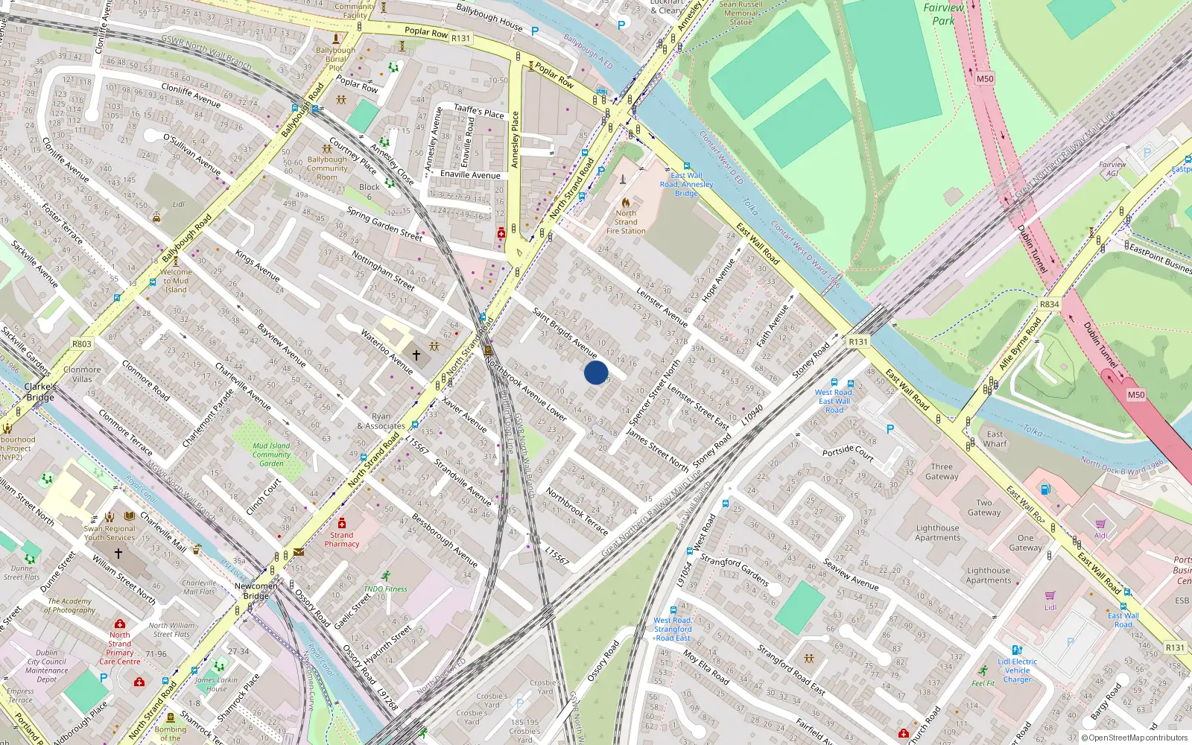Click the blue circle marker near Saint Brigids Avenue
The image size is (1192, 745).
(595, 372)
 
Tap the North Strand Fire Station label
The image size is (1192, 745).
(626, 221)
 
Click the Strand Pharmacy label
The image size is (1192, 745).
(341, 539)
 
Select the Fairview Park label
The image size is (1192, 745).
(943, 14)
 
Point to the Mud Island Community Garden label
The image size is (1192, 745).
(271, 454)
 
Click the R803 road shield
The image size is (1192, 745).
(81, 344)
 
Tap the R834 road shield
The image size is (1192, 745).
(1049, 305)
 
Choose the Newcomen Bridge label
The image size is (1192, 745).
(256, 591)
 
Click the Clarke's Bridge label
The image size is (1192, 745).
(40, 392)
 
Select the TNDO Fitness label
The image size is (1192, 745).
(385, 589)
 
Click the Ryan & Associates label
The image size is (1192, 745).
(381, 422)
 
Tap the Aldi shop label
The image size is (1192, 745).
(1101, 535)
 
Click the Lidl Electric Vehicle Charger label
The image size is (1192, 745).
(1017, 670)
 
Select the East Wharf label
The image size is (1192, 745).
(995, 439)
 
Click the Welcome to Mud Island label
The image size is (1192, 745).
(176, 281)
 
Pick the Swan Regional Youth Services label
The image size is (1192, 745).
(110, 533)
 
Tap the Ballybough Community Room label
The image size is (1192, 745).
(327, 168)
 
